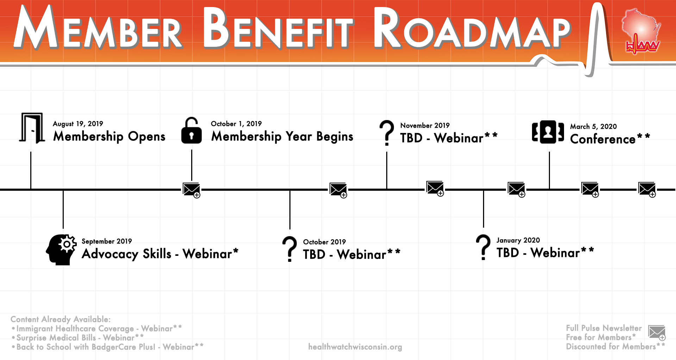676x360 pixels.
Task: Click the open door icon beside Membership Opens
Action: (32, 128)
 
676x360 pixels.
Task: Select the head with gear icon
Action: (61, 250)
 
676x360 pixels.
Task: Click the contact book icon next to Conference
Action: (548, 132)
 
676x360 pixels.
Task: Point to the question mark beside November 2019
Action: (387, 133)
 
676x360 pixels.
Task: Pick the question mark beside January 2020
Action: (483, 247)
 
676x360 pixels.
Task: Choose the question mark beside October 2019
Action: (289, 249)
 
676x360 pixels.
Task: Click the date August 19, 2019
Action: (78, 124)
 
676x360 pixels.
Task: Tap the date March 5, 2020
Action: (593, 127)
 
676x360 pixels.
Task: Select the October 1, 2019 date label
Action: (236, 124)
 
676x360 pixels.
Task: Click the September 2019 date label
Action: (107, 241)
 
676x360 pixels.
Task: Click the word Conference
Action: (603, 139)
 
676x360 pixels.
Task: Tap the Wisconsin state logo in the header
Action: (641, 32)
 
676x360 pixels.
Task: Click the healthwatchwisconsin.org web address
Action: (355, 347)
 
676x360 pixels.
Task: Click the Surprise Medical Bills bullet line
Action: (77, 338)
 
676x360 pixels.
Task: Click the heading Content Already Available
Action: (61, 320)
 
